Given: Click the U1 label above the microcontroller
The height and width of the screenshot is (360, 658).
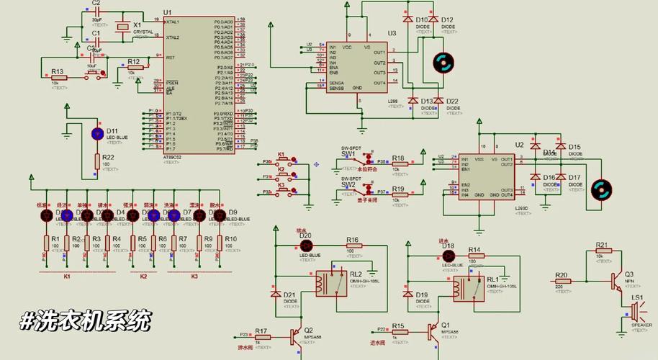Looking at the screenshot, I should coord(168,12).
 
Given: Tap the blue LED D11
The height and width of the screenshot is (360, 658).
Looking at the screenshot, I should coord(97,135).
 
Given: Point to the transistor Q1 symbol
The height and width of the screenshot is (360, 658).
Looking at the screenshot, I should coord(433,332).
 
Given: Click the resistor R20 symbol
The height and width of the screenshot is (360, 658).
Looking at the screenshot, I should coord(564,281).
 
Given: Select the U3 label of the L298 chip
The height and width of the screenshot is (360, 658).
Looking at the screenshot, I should coord(392,33).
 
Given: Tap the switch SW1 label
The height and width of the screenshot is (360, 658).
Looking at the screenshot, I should coord(348,153).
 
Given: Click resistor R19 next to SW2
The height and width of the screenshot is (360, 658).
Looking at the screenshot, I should coord(398,192).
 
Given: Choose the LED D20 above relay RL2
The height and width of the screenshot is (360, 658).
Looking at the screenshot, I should coord(304,245).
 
